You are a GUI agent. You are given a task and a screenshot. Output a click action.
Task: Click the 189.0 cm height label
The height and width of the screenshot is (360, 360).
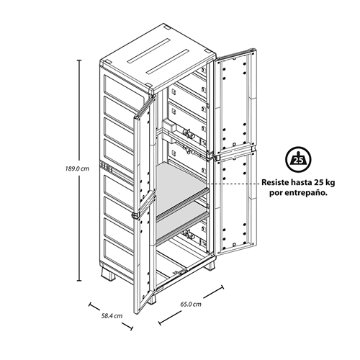click(x=77, y=168)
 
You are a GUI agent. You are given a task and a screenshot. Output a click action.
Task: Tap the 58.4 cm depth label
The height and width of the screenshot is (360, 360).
click(x=112, y=315)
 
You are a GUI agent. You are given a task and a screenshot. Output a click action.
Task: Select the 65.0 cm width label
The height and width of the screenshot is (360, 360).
click(x=191, y=304)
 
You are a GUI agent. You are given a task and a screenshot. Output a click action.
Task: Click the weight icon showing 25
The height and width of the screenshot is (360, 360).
click(x=298, y=159)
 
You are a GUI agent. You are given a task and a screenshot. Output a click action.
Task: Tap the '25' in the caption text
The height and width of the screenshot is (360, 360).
click(x=318, y=182)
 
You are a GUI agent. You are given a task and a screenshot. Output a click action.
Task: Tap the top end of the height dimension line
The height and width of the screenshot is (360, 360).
click(x=79, y=60)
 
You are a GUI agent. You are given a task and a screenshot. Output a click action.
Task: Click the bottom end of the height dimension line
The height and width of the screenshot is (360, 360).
click(x=79, y=280)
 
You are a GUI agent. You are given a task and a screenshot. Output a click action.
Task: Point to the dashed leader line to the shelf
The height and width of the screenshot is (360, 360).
click(x=232, y=183)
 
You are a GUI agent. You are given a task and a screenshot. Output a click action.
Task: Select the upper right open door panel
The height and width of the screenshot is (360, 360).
click(x=235, y=103)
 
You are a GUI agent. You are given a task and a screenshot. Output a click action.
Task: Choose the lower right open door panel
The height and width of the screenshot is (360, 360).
click(x=235, y=203)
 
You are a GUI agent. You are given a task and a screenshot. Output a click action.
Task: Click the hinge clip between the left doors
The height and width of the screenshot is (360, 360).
click(x=135, y=215)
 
